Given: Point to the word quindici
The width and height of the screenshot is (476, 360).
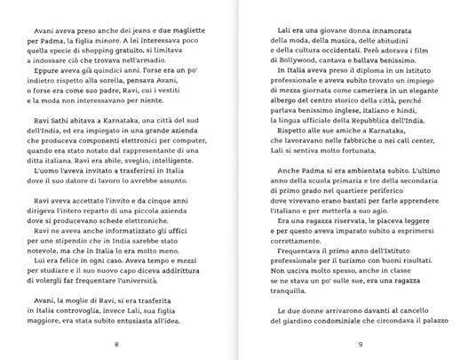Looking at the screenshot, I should pos(123,88).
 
